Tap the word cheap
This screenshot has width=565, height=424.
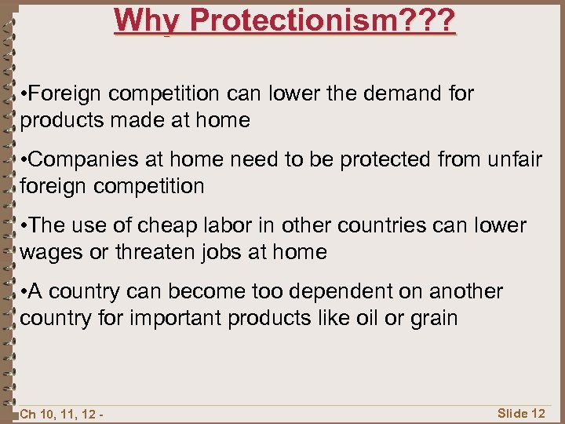(x=164, y=225)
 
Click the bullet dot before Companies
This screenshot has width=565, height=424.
(x=27, y=160)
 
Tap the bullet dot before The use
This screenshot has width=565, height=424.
(x=27, y=226)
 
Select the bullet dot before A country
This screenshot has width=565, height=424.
(x=27, y=292)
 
